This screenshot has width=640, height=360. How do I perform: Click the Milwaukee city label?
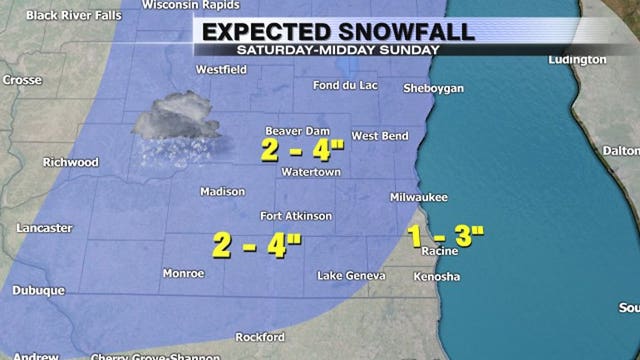click(x=419, y=199)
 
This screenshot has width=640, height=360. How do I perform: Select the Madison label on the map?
click(x=222, y=192)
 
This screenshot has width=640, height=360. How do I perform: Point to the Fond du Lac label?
click(x=345, y=85)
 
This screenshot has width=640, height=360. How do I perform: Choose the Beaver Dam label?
click(x=296, y=131)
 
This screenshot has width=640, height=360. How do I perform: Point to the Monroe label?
click(x=184, y=273)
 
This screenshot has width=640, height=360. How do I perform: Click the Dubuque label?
click(x=39, y=291)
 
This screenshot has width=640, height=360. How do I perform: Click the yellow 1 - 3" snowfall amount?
click(x=447, y=235)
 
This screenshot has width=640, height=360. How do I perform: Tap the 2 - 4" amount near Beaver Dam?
click(x=303, y=151)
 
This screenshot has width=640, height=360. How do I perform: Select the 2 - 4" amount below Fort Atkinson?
click(x=258, y=244)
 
